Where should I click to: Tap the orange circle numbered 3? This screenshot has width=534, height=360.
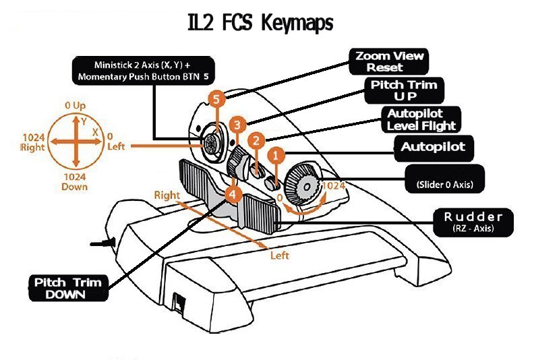pos(236,125)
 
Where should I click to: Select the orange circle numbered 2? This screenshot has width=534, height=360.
pos(256,141)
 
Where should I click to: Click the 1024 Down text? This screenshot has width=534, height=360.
pos(75,181)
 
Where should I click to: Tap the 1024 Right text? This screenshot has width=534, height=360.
pos(33,141)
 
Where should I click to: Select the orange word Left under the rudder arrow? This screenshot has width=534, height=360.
pos(280,256)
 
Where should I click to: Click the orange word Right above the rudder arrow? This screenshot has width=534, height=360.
pos(167,196)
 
